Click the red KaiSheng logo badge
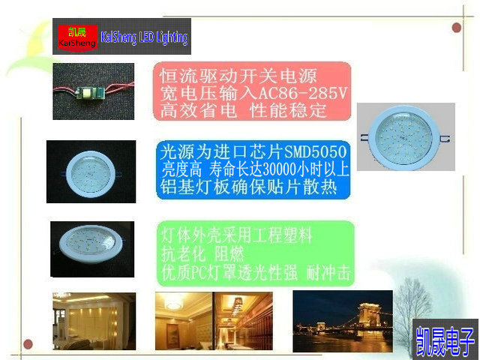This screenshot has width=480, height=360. [78, 38]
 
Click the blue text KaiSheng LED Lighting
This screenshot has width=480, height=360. [144, 37]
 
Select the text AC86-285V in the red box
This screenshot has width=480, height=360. [303, 93]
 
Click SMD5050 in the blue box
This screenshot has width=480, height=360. [316, 151]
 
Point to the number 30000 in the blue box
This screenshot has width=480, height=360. [280, 169]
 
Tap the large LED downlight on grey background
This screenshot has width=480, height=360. [405, 137]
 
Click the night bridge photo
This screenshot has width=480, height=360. [343, 321]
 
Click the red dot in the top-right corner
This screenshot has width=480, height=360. [457, 28]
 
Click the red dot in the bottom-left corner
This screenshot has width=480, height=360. [28, 343]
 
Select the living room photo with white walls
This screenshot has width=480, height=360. [94, 321]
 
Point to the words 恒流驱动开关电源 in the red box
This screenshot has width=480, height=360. [238, 75]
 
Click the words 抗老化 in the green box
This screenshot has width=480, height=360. [183, 253]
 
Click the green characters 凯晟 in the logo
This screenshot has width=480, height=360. [77, 31]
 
